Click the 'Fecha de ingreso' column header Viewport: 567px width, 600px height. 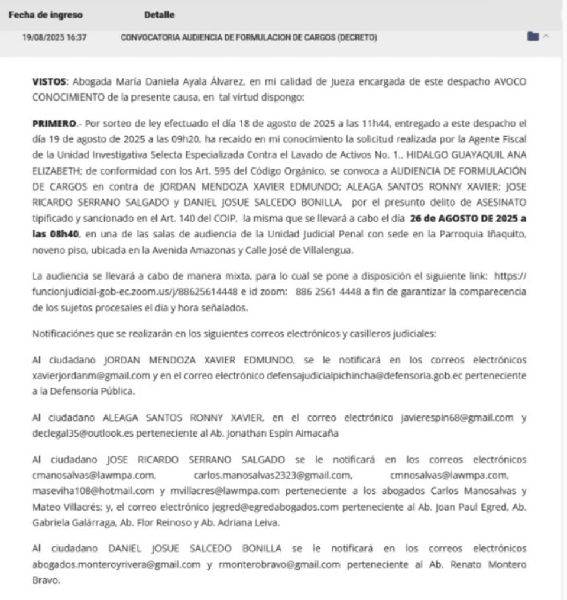pyautogui.click(x=46, y=15)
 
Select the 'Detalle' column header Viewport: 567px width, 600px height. pyautogui.click(x=159, y=15)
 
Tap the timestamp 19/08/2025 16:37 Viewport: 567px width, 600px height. pyautogui.click(x=55, y=37)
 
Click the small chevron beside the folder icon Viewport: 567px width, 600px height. pyautogui.click(x=546, y=37)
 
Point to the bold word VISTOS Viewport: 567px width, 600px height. pyautogui.click(x=49, y=82)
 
